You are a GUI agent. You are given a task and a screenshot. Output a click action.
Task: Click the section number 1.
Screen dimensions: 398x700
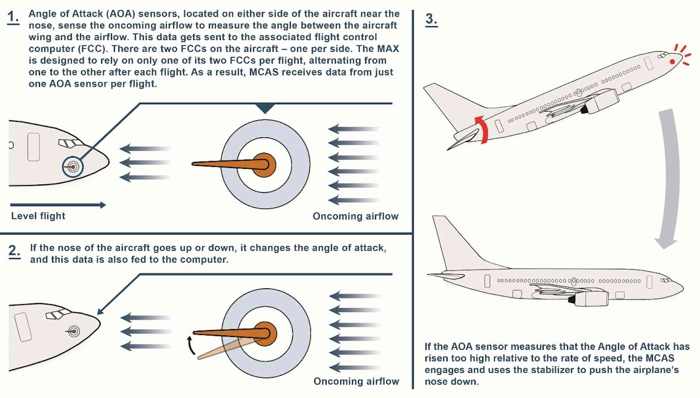point(13,17)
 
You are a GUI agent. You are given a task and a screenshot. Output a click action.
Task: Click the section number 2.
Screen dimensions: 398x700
point(14,251)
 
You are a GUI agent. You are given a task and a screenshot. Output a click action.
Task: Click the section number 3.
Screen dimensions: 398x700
point(431,19)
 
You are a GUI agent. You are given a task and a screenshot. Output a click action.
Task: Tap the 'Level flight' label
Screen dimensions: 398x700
point(38,216)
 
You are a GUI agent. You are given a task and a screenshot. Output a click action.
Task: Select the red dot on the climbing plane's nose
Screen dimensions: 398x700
point(672,62)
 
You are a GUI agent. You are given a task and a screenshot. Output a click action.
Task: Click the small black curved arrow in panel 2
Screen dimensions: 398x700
point(191,346)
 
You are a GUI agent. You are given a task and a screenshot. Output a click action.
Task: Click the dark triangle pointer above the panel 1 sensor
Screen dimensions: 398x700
point(265,108)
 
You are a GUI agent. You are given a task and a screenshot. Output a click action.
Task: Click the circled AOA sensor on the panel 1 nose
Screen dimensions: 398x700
point(73,167)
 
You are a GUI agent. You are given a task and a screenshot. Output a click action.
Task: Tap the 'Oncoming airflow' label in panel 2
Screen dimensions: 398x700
point(356,381)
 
